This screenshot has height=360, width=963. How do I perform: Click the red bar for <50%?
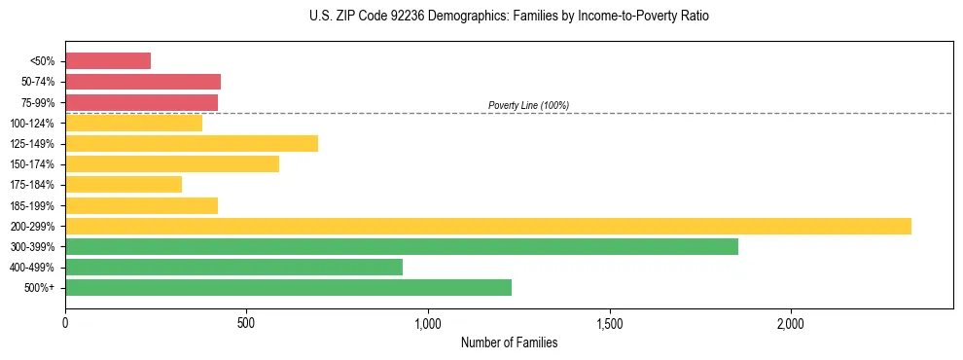[x=108, y=61]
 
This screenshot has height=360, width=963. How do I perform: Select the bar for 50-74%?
[x=143, y=82]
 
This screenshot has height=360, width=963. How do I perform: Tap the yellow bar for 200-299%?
[x=487, y=226]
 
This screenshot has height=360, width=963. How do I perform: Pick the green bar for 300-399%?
[x=401, y=246]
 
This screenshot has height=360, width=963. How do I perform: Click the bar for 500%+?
[x=288, y=287]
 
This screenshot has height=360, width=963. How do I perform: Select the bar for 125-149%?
[x=192, y=144]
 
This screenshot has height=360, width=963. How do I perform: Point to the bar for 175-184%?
[x=124, y=185]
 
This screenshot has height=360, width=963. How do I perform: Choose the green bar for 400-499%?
[x=233, y=267]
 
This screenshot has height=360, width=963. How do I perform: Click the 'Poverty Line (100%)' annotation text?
[x=528, y=105]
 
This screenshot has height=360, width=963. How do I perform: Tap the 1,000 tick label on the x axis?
[x=428, y=323]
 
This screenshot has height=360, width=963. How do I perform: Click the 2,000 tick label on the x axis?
[x=791, y=323]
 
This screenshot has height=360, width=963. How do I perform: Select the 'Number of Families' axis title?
[x=509, y=342]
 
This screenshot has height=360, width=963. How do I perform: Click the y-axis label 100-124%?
[x=32, y=124]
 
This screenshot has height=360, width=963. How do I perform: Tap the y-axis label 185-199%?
[x=32, y=205]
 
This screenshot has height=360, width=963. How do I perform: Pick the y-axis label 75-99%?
[x=35, y=103]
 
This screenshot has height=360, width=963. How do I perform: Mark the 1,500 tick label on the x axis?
[x=609, y=323]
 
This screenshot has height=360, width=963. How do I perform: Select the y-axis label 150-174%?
[x=32, y=164]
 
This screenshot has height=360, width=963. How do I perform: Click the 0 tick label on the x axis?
[x=65, y=323]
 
